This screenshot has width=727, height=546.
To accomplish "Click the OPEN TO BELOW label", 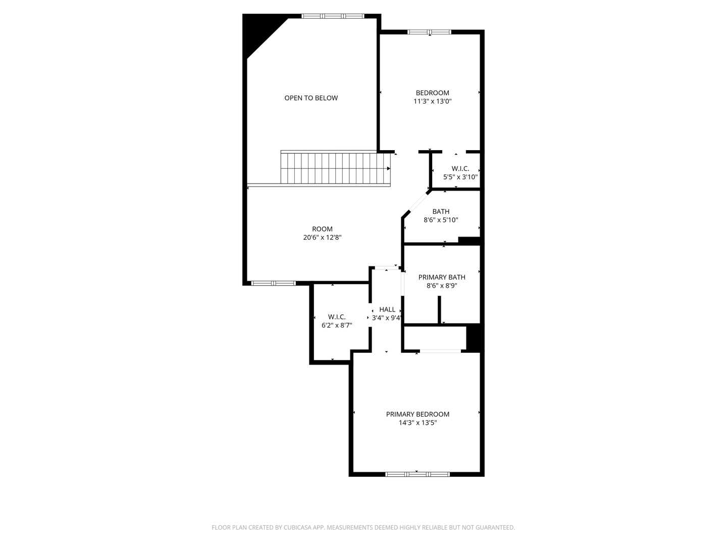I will (x=311, y=98).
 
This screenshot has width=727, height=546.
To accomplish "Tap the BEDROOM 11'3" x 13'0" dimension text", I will (x=432, y=101).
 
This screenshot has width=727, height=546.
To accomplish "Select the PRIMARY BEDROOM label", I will (x=418, y=414).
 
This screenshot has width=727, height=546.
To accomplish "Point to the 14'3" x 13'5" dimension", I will (x=418, y=423).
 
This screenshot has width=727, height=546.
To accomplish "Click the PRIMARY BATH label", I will (x=442, y=277).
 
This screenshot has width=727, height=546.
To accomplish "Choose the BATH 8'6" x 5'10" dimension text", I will (x=441, y=220).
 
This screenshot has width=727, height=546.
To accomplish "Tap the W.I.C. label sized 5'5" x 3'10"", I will (x=460, y=168).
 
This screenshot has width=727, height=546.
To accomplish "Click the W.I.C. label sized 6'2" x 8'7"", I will (x=337, y=317).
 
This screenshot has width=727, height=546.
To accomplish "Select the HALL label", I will (x=387, y=309).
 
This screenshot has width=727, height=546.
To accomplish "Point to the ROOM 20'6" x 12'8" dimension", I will (x=322, y=237).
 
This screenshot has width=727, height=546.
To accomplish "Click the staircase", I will (x=335, y=168).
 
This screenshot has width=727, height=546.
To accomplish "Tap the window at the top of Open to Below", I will (x=332, y=16).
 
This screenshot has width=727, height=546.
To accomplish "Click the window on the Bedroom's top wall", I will (x=429, y=32).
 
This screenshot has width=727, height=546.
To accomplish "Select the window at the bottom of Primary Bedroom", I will (x=417, y=474).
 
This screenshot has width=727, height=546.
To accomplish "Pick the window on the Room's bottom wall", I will (x=274, y=283).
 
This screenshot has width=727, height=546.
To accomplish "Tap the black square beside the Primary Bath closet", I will (x=475, y=338).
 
